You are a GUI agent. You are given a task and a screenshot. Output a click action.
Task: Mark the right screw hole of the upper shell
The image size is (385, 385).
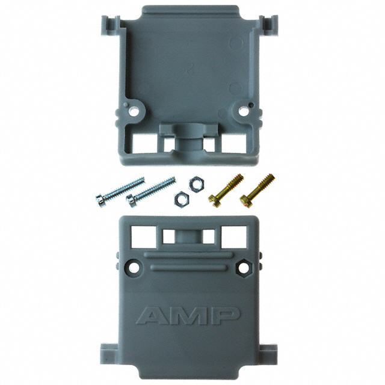click(244, 111)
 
